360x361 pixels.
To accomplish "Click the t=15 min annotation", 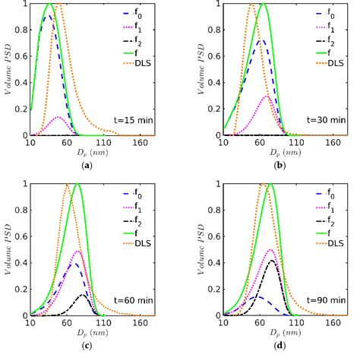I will tap(134, 119).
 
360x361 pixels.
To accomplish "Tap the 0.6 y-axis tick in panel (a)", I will tap(21, 56).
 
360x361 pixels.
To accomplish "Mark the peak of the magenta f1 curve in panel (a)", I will tap(58, 117).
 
